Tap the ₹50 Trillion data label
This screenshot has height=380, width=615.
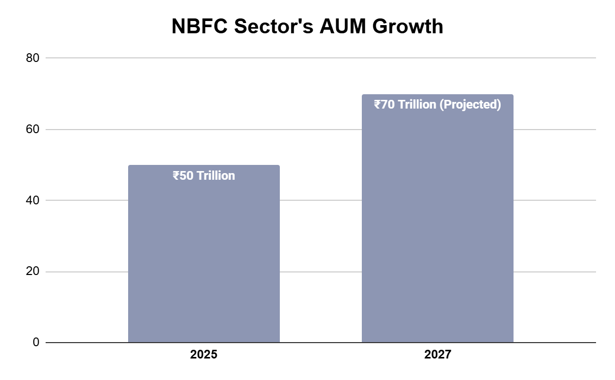point(203,176)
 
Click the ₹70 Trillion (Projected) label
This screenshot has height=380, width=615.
point(437,104)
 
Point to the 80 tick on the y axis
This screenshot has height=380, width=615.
point(33,58)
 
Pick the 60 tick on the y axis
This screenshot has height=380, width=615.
point(33,130)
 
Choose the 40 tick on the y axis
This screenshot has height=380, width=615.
point(33,200)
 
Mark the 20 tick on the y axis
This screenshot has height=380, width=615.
point(33,271)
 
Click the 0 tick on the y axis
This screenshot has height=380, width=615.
point(36,342)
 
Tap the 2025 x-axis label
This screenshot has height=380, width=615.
point(203,354)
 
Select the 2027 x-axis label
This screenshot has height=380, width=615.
point(437,354)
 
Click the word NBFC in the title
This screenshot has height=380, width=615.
point(199,27)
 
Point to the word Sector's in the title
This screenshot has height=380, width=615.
point(274,27)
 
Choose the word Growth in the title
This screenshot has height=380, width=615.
point(408,27)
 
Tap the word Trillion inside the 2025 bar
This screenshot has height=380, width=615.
point(216,176)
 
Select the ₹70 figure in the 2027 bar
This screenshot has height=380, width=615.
point(384,104)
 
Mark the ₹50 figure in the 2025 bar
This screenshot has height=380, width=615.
point(183,176)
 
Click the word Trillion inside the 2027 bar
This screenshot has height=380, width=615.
point(417,104)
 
